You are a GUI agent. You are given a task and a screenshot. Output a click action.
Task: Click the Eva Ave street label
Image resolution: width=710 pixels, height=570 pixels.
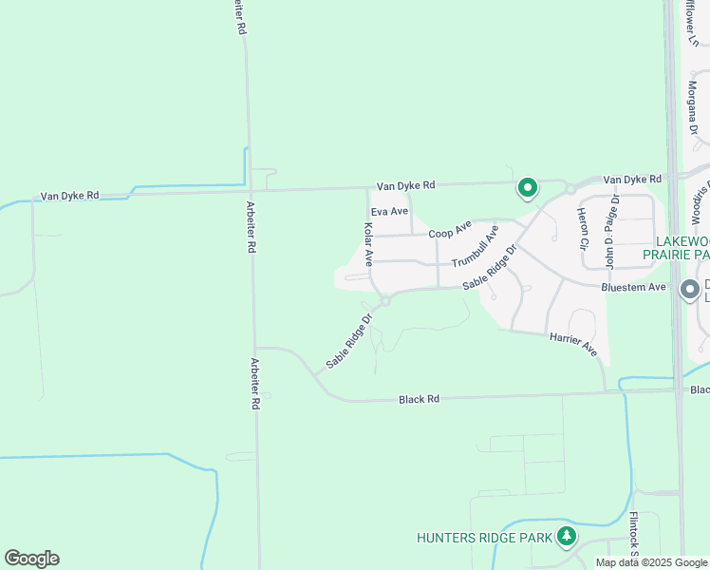(389, 211)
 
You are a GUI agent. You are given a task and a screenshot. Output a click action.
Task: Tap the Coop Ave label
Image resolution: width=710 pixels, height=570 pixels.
(449, 231)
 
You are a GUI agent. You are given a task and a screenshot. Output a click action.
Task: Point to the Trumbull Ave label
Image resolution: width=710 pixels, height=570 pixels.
(475, 248)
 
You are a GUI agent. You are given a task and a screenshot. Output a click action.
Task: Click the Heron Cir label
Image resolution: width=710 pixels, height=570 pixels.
(583, 228)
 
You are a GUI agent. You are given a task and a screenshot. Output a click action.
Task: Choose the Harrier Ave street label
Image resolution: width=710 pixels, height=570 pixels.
(572, 343)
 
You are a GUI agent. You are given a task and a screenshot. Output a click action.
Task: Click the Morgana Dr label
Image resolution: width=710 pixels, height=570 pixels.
(693, 105)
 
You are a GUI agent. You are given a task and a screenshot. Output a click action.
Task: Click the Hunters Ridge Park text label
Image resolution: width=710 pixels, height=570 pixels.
(484, 538)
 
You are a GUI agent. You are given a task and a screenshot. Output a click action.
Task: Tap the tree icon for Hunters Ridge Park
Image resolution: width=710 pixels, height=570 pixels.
(567, 537)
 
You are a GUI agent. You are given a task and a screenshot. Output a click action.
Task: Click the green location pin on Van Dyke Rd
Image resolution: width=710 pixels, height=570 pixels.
(527, 188)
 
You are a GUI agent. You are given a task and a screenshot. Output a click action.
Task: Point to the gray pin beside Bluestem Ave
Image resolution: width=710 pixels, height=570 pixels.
(690, 290)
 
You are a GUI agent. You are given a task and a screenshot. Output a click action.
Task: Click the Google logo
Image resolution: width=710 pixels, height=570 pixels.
(31, 559)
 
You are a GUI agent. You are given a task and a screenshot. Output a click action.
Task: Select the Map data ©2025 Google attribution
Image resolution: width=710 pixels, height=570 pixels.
(650, 562)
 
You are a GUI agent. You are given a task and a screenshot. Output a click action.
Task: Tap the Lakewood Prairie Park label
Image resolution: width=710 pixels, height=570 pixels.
(676, 248)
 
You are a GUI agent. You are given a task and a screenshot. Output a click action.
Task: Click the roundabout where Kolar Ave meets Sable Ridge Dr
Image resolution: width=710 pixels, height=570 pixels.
(384, 302)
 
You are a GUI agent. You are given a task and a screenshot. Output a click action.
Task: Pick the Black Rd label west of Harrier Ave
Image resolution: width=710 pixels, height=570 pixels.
(419, 400)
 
